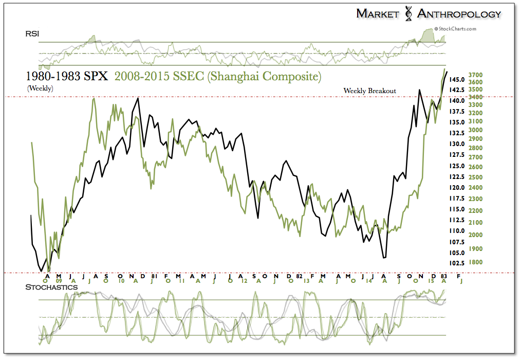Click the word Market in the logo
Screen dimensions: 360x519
click(378, 14)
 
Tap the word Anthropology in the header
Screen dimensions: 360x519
click(459, 14)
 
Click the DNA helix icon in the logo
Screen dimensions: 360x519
click(409, 14)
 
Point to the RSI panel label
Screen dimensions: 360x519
click(32, 34)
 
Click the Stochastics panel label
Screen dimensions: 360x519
click(51, 287)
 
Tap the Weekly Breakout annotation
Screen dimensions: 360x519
click(370, 91)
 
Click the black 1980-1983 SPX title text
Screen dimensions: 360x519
click(67, 77)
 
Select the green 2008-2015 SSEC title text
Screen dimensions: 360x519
click(218, 77)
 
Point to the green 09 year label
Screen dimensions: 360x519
click(59, 281)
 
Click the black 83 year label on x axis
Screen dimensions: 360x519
click(443, 276)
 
